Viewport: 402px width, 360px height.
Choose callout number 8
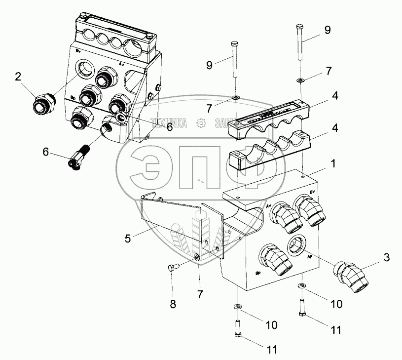(173, 304)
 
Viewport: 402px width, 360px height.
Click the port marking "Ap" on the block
(310, 257)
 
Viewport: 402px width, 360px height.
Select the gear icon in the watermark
(201, 122)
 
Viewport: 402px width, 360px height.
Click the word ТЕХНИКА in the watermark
(169, 123)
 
